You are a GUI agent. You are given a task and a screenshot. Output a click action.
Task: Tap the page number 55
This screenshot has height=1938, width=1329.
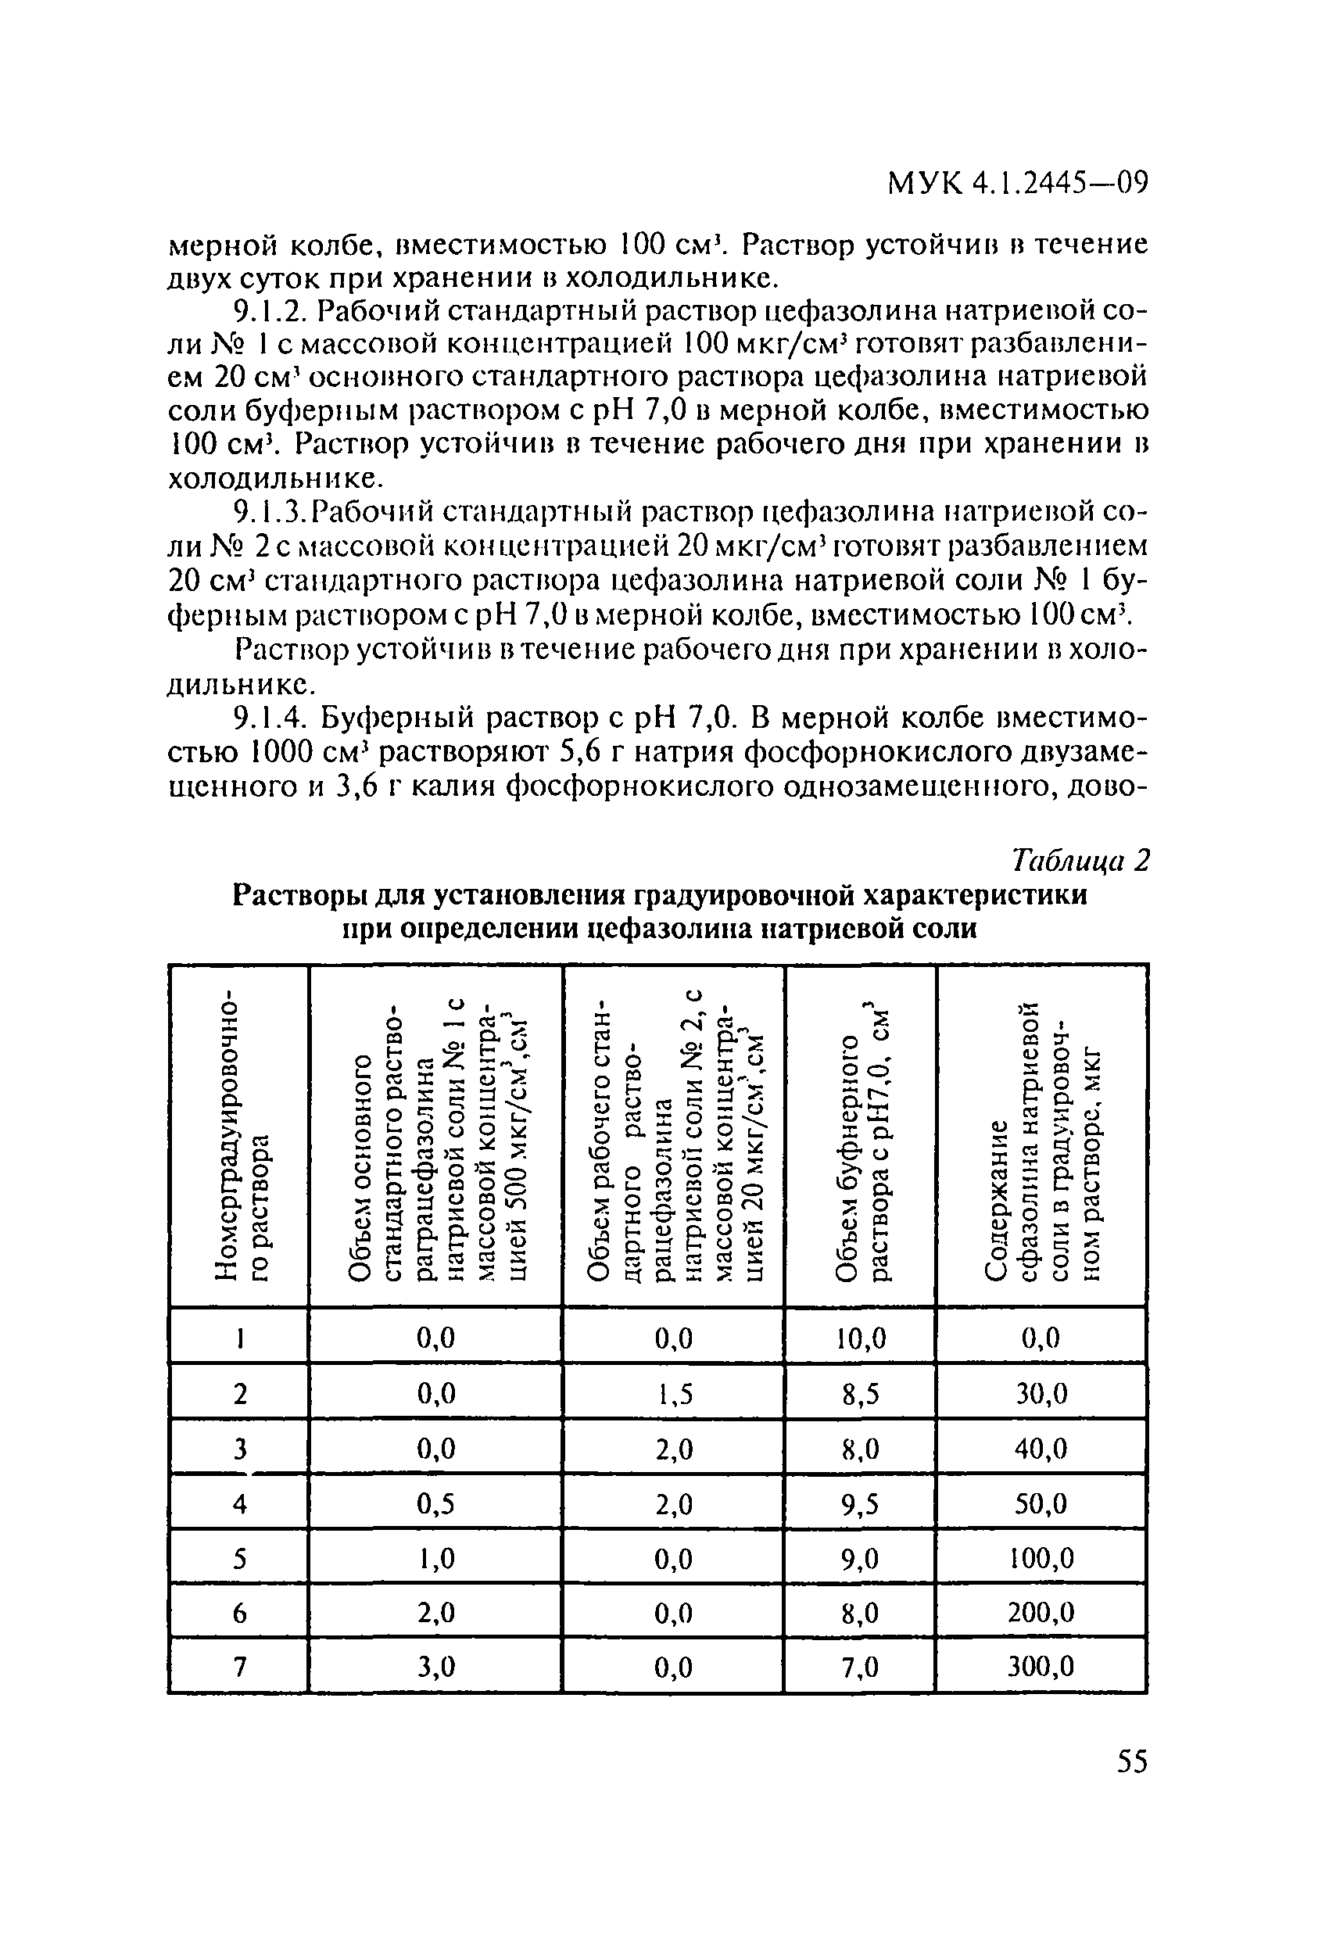click(1131, 1762)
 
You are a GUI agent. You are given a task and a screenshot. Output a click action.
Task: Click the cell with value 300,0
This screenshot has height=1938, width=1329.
click(1041, 1667)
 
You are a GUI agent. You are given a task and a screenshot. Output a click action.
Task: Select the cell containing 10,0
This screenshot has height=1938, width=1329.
click(860, 1338)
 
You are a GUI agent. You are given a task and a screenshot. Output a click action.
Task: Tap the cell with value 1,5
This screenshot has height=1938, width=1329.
click(674, 1393)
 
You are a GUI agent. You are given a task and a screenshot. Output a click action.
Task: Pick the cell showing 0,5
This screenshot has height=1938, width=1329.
click(435, 1503)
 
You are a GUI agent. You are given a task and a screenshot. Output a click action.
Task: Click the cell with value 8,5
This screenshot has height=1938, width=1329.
click(860, 1393)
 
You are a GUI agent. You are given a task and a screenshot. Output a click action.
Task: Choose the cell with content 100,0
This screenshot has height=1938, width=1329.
click(1041, 1558)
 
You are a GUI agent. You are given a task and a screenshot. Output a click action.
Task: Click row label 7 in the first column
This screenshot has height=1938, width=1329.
click(239, 1667)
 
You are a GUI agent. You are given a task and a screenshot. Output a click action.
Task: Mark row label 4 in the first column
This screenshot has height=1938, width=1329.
click(239, 1503)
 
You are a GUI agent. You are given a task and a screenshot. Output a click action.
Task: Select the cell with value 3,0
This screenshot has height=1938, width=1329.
click(435, 1667)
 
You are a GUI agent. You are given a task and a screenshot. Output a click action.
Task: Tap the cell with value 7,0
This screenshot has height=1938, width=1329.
click(860, 1667)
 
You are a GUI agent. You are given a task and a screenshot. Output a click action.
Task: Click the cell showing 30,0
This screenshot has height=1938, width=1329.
click(1041, 1393)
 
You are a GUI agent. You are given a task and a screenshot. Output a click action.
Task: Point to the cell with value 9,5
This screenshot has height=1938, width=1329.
click(860, 1503)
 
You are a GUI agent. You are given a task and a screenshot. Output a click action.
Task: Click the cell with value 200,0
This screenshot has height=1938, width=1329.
click(1041, 1613)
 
